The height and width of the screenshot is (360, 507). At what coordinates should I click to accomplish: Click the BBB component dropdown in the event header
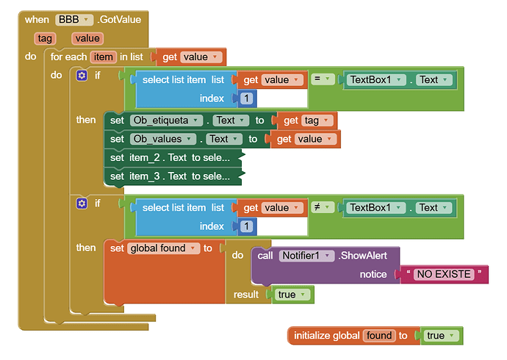74,20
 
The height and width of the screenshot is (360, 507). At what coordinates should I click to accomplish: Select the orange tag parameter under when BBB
44,38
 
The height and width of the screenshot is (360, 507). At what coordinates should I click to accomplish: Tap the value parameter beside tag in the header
87,38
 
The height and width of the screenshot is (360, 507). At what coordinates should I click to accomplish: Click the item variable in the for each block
102,57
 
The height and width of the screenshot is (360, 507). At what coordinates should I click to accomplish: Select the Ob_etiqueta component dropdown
162,120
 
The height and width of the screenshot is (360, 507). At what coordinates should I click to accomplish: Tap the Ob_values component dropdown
162,138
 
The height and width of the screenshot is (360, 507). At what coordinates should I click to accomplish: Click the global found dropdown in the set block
162,248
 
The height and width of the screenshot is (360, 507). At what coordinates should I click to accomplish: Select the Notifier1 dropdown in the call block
303,256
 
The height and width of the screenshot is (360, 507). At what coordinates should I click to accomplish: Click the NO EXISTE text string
443,274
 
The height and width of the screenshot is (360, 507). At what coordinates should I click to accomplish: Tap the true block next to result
292,295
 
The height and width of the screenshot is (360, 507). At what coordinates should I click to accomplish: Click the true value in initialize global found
440,336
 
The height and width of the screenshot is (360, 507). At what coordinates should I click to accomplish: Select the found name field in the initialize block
379,336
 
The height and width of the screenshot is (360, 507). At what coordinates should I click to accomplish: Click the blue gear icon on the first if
82,75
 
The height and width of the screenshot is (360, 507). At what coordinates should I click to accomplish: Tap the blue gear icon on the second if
82,203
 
